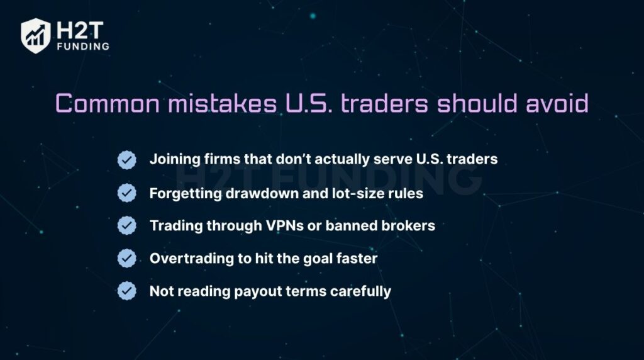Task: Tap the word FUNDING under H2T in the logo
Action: coord(82,46)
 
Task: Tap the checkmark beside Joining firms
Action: coord(127,160)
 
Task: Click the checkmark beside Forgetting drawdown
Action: coord(127,193)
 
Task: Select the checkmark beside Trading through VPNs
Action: coord(127,225)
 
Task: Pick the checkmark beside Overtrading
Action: coord(127,258)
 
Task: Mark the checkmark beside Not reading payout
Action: coord(127,291)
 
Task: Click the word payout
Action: coord(254,291)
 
